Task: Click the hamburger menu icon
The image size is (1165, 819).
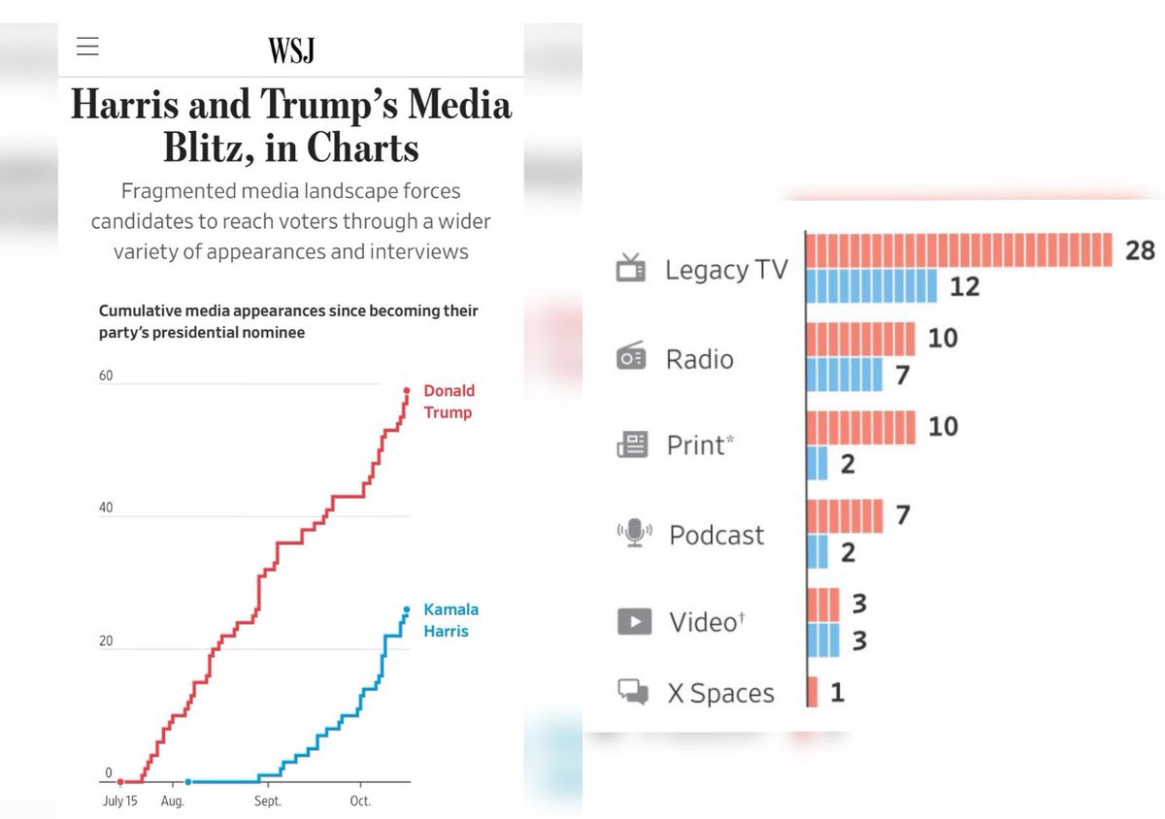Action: click(x=87, y=47)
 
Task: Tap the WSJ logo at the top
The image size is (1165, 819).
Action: click(x=291, y=49)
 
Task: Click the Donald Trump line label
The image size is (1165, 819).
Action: click(x=449, y=402)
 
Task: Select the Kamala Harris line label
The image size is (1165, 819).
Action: click(x=450, y=620)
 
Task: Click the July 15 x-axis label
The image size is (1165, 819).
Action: click(x=120, y=802)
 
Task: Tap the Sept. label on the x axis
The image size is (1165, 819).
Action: click(x=267, y=802)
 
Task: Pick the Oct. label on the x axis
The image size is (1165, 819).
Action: click(x=360, y=802)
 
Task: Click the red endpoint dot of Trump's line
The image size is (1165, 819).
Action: click(x=407, y=391)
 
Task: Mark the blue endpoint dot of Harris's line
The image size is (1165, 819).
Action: click(x=407, y=609)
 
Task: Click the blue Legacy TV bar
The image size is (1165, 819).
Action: click(x=872, y=286)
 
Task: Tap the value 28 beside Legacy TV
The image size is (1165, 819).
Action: click(x=1140, y=250)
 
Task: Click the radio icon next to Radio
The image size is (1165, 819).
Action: click(x=631, y=357)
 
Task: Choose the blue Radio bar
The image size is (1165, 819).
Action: click(x=845, y=375)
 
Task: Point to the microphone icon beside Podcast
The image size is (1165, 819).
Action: click(x=633, y=533)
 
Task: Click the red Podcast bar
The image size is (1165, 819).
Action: click(x=845, y=516)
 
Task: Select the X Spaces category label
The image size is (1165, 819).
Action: click(x=720, y=693)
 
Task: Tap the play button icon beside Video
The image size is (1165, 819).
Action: click(x=634, y=620)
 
